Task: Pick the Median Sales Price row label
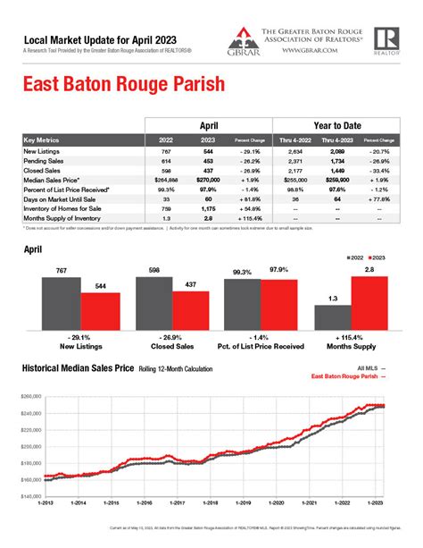point(51,179)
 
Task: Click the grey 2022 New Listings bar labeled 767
point(61,304)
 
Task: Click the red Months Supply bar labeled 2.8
point(370,303)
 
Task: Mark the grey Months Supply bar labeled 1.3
point(332,319)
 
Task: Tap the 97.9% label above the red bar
point(279,270)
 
